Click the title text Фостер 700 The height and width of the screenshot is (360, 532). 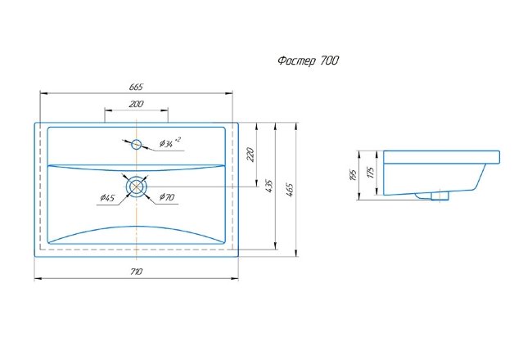click(x=308, y=61)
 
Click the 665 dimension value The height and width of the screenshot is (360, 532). click(x=136, y=88)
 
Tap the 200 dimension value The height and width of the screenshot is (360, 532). click(x=136, y=104)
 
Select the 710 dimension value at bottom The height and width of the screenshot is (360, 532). click(x=136, y=272)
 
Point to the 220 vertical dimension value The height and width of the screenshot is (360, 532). click(x=250, y=155)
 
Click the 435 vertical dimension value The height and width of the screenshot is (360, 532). click(x=269, y=187)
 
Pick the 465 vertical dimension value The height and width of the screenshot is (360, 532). click(x=290, y=190)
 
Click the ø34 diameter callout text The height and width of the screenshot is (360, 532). click(x=170, y=143)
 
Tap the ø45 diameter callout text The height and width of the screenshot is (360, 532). click(x=107, y=198)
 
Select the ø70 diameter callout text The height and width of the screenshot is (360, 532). click(x=167, y=197)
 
